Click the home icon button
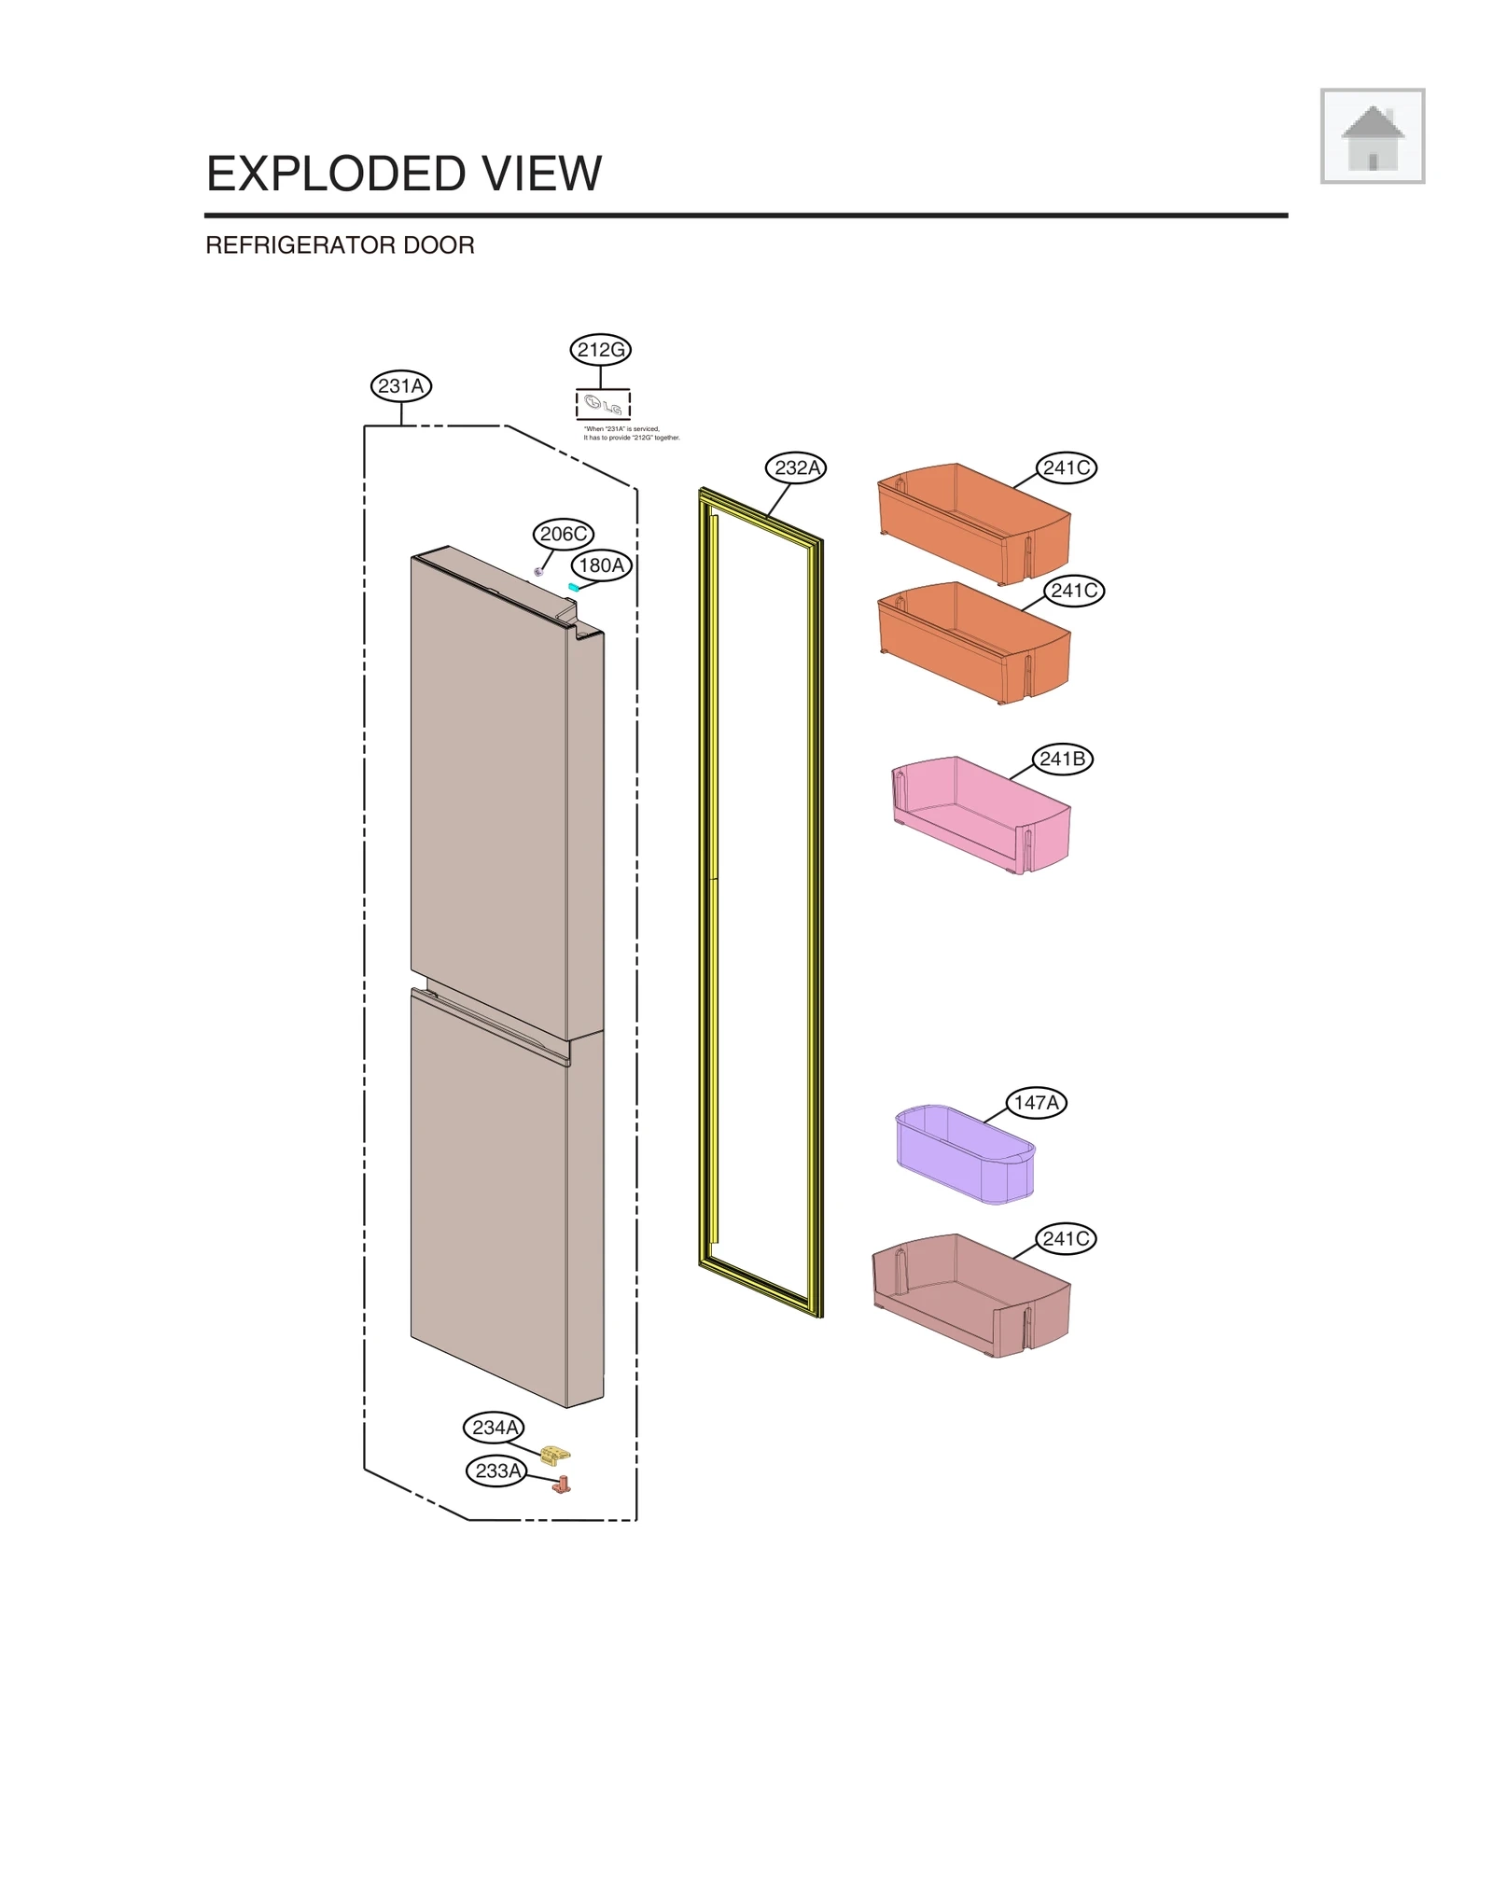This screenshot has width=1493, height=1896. (x=1371, y=136)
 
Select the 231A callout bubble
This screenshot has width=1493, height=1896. (x=400, y=385)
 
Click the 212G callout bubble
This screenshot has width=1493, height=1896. (x=600, y=350)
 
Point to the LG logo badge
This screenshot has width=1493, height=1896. (x=603, y=405)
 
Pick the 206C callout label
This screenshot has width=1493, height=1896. (x=563, y=534)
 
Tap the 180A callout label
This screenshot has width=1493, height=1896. (x=601, y=565)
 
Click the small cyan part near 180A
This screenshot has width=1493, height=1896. (x=573, y=587)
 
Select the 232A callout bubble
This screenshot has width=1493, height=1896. (x=796, y=467)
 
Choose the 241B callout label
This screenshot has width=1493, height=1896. (x=1062, y=759)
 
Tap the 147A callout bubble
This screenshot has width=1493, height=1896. (x=1036, y=1102)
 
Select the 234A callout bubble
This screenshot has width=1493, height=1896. (x=494, y=1427)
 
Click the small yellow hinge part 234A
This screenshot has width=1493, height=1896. (x=556, y=1455)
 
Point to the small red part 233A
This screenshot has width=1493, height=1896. (x=562, y=1485)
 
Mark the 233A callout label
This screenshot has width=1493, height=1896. (x=496, y=1471)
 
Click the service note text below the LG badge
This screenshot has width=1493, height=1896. (x=631, y=433)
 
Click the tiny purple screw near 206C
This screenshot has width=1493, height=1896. (x=538, y=571)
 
